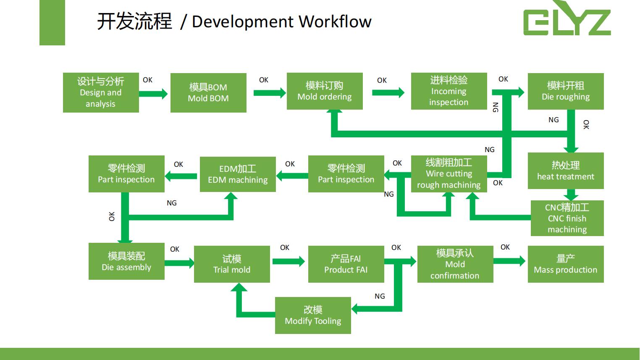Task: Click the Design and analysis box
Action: [x=101, y=92]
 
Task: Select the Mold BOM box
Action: [x=208, y=92]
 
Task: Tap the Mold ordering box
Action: [x=325, y=91]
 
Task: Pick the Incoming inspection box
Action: [x=449, y=91]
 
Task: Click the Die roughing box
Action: [x=566, y=91]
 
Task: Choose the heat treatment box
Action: [x=566, y=171]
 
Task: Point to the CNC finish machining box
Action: [x=567, y=218]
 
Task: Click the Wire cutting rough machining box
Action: [x=449, y=174]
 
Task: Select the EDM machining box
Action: [x=238, y=174]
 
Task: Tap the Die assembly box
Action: [x=126, y=261]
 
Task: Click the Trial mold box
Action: [x=232, y=264]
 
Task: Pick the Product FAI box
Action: [x=346, y=264]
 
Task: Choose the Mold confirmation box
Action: [x=455, y=264]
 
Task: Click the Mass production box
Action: [x=566, y=264]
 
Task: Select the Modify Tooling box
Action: [x=313, y=315]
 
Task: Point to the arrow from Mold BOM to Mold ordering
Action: [x=270, y=93]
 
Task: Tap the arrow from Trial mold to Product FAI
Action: [x=289, y=261]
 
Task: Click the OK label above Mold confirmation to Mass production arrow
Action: [x=505, y=247]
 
